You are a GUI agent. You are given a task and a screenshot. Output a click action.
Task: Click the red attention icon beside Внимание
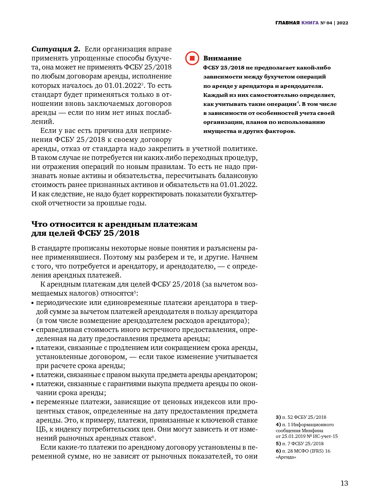pyautogui.click(x=192, y=58)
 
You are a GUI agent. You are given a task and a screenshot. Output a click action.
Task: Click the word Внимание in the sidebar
pyautogui.click(x=222, y=58)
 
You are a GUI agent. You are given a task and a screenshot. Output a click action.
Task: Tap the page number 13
pyautogui.click(x=344, y=483)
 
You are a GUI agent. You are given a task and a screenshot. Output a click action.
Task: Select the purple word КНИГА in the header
pyautogui.click(x=310, y=23)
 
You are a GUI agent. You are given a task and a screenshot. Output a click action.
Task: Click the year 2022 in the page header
pyautogui.click(x=342, y=23)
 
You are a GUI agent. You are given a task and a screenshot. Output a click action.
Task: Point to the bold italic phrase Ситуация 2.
pyautogui.click(x=56, y=49)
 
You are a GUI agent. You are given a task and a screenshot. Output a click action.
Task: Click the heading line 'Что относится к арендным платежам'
pyautogui.click(x=114, y=224)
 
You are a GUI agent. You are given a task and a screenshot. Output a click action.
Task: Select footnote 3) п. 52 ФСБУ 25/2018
pyautogui.click(x=301, y=417)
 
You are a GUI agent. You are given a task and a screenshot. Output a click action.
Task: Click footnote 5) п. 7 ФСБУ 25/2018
pyautogui.click(x=299, y=444)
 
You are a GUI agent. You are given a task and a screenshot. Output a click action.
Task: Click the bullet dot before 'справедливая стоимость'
pyautogui.click(x=33, y=330)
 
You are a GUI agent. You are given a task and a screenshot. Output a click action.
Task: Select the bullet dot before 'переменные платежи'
pyautogui.click(x=33, y=402)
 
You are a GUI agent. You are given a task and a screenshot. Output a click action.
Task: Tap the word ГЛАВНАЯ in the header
pyautogui.click(x=287, y=23)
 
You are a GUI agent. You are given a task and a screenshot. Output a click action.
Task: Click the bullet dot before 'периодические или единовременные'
pyautogui.click(x=33, y=303)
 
